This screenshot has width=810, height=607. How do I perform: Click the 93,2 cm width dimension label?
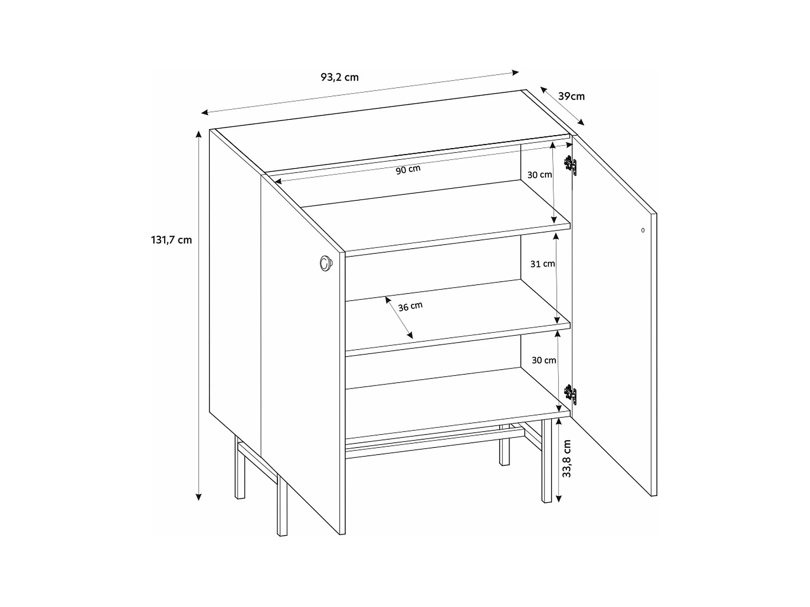coord(340,77)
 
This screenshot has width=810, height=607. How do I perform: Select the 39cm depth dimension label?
coord(571,96)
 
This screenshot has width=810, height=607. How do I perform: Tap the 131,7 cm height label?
coord(171,240)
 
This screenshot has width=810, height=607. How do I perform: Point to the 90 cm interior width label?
coord(408,170)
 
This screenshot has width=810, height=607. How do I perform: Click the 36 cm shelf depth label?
coord(410,306)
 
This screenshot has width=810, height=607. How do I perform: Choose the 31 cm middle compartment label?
coord(542,264)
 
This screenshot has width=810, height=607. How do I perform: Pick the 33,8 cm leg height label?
coord(566,458)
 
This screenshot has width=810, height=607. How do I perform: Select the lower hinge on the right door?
coord(571,394)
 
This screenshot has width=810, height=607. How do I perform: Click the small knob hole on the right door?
coord(643,230)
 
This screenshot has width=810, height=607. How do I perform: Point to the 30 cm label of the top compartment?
coord(540,175)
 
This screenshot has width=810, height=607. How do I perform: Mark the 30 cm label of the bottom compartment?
coord(544,360)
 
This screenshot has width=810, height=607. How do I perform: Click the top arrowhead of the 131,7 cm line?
coord(198,134)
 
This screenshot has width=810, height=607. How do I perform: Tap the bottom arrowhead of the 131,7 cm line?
coord(198,497)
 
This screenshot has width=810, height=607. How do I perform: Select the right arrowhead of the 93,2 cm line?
coord(515,72)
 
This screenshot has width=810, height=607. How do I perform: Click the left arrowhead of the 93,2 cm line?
coord(205,113)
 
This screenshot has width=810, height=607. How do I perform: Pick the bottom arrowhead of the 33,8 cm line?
coord(558,499)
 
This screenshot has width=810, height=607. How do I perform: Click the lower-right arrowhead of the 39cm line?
coord(581,123)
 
